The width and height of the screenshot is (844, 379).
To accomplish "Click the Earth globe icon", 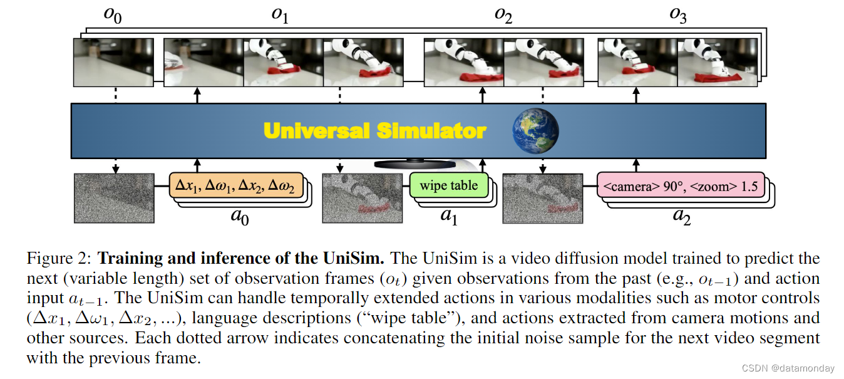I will (x=535, y=130).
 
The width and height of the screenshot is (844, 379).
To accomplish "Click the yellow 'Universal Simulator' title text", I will (x=374, y=130).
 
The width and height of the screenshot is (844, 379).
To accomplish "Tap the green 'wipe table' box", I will (x=448, y=185).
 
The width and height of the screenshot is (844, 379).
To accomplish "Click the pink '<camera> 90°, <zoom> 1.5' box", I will (x=680, y=186).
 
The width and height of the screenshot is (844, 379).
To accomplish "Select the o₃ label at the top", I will (x=677, y=16).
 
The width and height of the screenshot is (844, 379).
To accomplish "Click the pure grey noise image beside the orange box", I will (x=114, y=198).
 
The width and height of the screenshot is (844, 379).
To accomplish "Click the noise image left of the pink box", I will (x=542, y=198).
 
